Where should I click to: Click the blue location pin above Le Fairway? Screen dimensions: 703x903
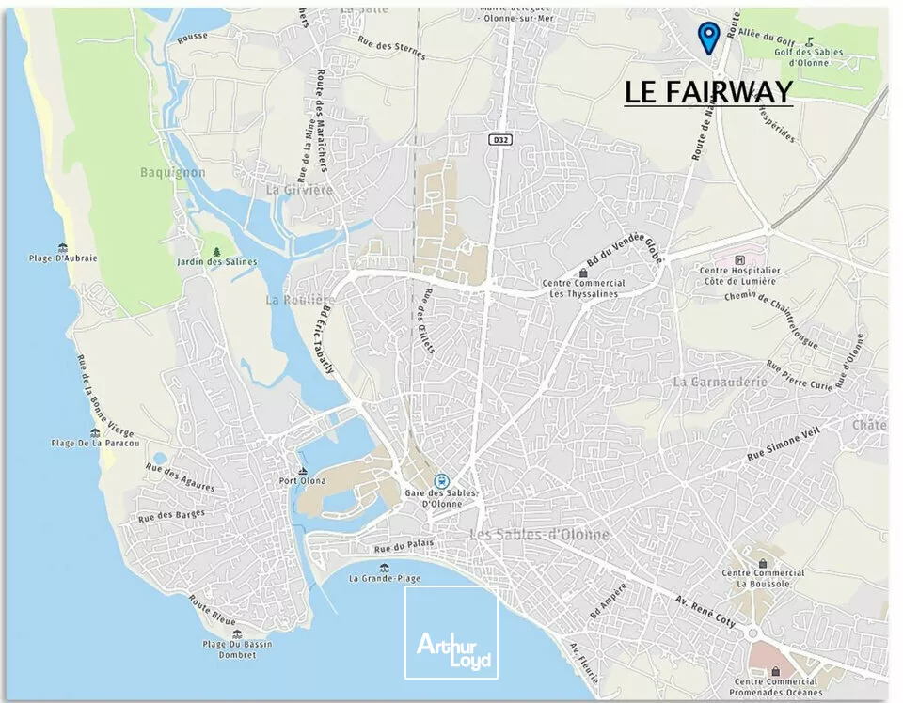click(708, 36)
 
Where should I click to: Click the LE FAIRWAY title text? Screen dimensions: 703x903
click(708, 92)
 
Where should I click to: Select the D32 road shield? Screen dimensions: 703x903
click(499, 139)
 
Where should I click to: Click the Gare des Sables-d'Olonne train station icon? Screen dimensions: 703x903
click(442, 480)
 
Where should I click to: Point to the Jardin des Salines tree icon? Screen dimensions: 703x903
click(217, 251)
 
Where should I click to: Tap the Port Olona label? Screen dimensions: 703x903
click(302, 481)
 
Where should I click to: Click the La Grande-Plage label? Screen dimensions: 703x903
click(383, 578)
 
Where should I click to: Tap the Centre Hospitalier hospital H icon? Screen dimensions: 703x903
click(739, 259)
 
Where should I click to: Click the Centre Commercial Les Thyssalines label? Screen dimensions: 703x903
click(583, 288)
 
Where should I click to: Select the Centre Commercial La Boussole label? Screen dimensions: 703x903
click(763, 577)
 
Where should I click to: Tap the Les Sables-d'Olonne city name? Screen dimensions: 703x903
click(539, 534)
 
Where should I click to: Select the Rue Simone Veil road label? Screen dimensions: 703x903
click(782, 444)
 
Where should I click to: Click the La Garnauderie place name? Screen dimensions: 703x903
click(720, 382)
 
